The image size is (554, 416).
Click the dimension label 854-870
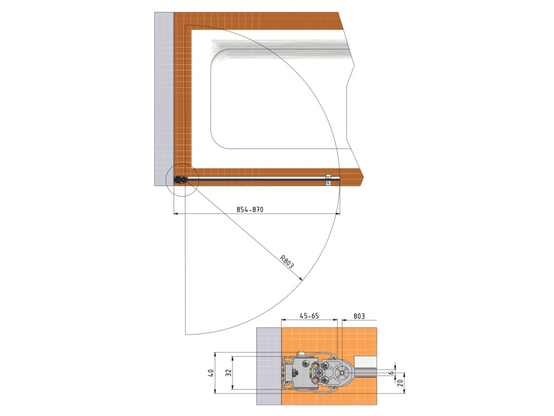pos(250,210)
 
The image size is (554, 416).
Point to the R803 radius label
pos(287,262)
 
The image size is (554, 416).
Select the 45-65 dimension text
pos(309,316)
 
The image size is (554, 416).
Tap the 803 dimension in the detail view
pos(359,316)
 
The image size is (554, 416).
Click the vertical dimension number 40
pos(211,373)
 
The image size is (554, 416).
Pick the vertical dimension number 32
pos(229,373)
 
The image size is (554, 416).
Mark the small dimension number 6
pos(392,373)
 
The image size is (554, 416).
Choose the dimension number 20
pos(400,382)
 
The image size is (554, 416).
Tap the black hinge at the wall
pos(180,180)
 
